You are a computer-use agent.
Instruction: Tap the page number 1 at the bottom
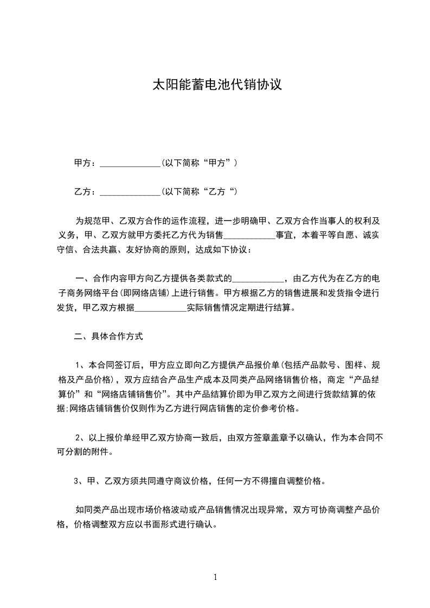(215, 577)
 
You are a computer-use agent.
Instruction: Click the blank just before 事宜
(249, 236)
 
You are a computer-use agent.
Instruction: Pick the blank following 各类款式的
(258, 280)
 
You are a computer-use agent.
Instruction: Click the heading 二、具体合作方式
(108, 337)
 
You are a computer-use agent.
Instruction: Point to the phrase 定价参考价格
(269, 408)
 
